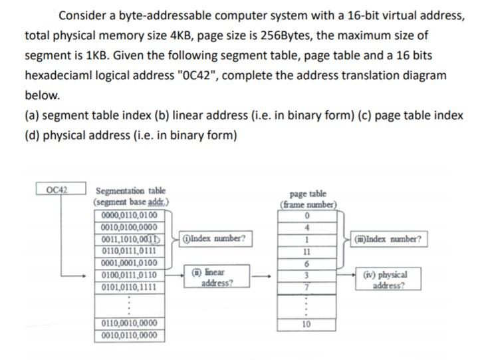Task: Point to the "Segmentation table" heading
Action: coord(131,191)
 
